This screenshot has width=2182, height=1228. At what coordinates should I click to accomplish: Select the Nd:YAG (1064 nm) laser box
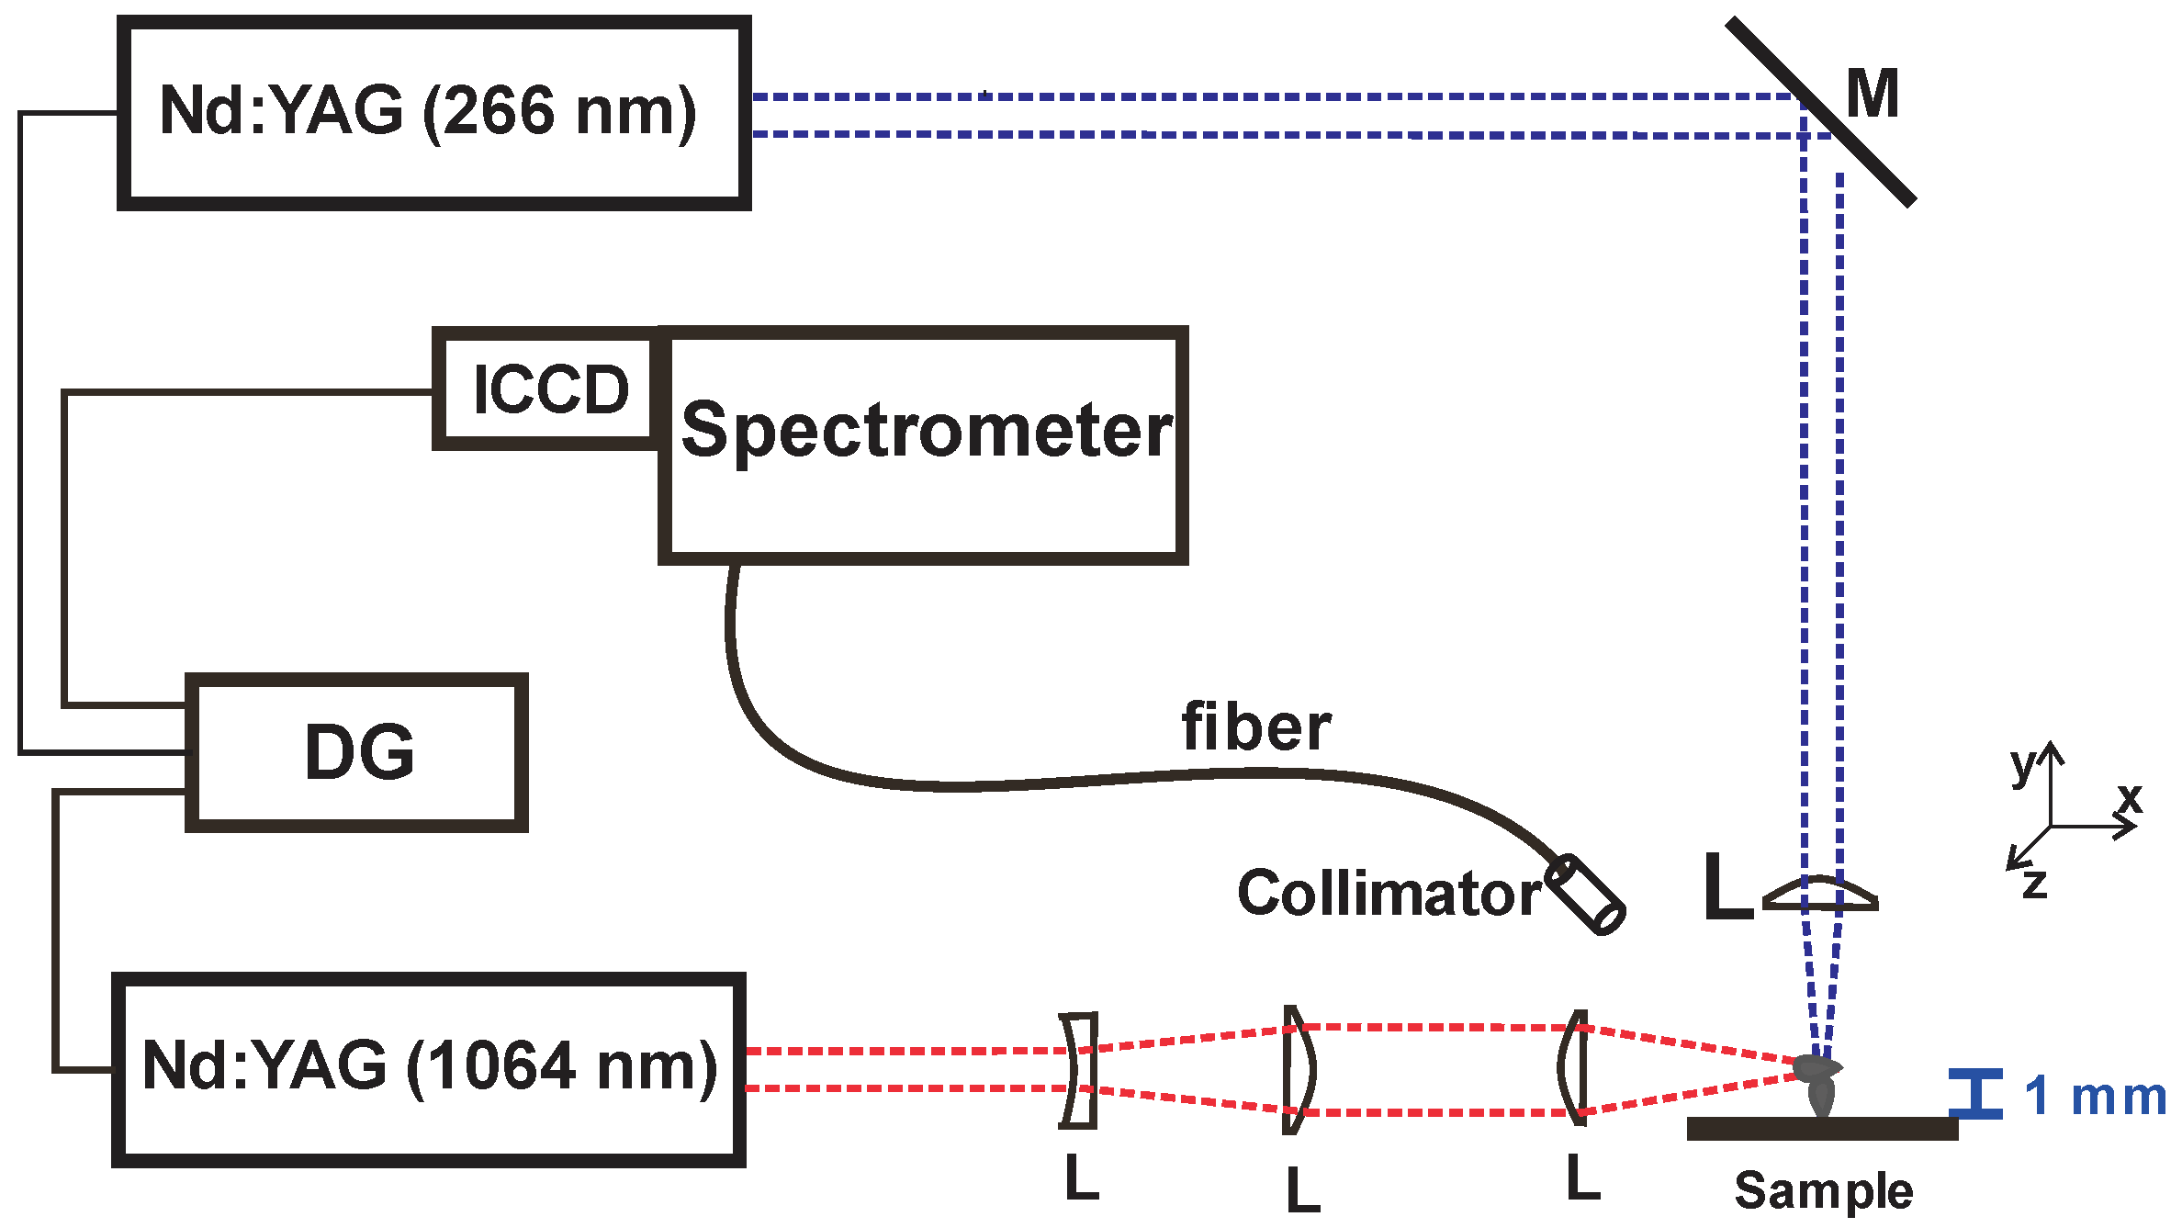click(429, 1069)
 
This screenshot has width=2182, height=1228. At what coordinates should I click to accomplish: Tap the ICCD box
click(548, 389)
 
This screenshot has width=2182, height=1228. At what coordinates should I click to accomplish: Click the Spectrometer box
click(924, 445)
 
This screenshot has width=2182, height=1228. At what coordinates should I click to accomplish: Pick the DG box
click(357, 752)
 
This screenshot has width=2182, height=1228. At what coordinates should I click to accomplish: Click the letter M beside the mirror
click(1873, 95)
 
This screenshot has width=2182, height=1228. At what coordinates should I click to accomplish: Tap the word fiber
click(1255, 727)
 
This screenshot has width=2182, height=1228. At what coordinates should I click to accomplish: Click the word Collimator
click(1389, 893)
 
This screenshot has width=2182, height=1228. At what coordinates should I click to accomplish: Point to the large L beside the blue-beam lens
click(1726, 887)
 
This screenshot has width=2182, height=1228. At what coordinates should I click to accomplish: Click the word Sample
click(1824, 1191)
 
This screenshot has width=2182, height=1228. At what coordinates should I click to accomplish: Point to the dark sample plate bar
click(1822, 1129)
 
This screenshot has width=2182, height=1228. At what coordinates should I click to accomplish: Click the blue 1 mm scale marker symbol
click(1975, 1094)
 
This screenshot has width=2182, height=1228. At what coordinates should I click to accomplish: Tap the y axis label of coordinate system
click(2021, 765)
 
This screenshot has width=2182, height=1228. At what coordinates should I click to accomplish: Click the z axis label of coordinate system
click(2035, 884)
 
